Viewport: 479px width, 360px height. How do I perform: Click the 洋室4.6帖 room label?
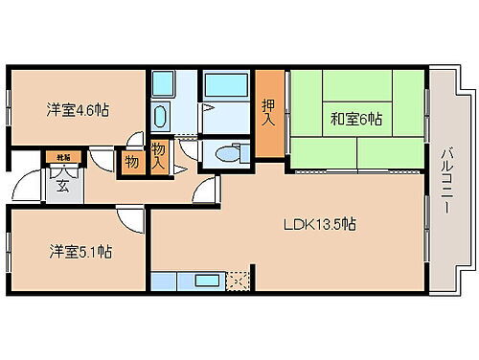point(78,110)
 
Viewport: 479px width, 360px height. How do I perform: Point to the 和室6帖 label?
point(356,121)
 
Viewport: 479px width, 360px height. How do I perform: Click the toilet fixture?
point(226,153)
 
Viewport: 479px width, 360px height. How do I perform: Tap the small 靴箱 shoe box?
point(61,155)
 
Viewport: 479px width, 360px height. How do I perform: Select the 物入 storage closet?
point(158,154)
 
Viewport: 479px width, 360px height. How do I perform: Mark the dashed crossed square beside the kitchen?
point(236,281)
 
